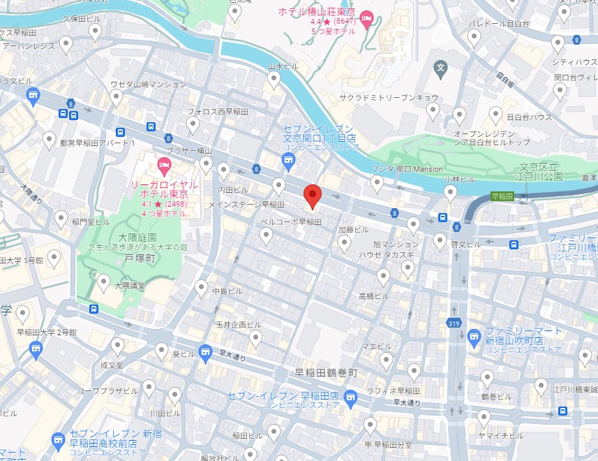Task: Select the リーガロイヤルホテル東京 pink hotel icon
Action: pos(165,167)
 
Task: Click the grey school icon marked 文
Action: pos(440,68)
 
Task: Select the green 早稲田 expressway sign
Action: pos(502,197)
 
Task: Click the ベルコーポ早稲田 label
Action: pos(290,221)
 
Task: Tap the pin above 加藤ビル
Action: pos(344,242)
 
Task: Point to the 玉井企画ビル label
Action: pos(238,325)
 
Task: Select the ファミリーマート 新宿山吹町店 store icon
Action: pos(474,337)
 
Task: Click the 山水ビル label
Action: pos(283,66)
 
